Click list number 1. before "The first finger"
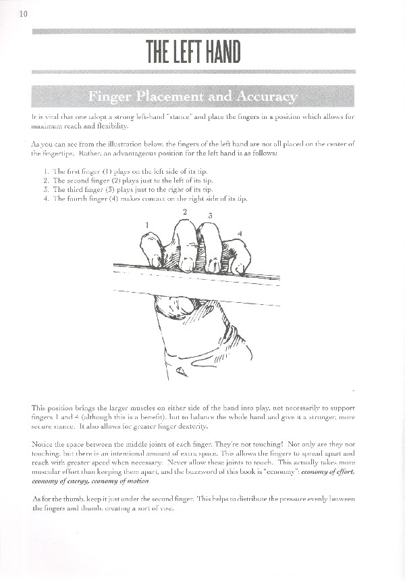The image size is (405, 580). (45, 172)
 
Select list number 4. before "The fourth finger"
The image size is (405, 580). (45, 199)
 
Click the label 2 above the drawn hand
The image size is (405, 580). (185, 212)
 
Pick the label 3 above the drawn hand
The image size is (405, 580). (211, 216)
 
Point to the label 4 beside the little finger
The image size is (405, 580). (241, 233)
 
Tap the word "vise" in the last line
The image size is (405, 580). (165, 508)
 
